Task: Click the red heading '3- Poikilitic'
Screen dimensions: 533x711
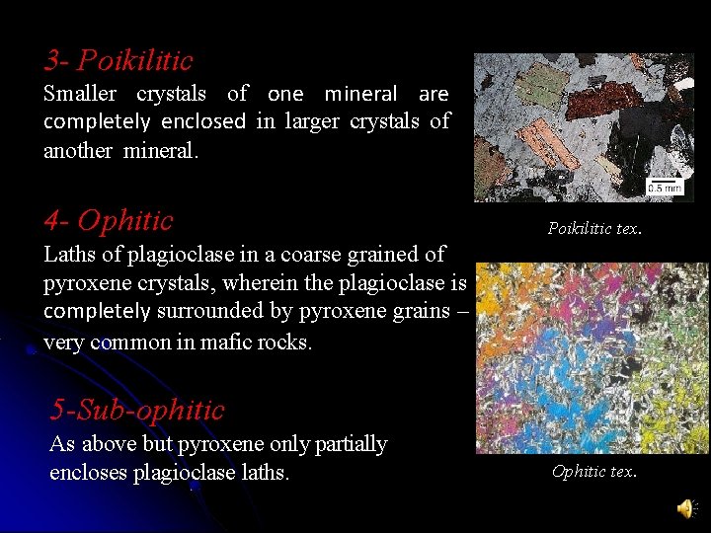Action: pos(118,61)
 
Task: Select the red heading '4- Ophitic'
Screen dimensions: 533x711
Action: pos(109,220)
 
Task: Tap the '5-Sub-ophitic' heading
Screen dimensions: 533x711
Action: pos(137,410)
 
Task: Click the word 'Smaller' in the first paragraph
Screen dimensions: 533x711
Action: pos(80,95)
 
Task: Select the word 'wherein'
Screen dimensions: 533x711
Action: pos(259,284)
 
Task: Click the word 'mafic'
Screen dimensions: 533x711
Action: pos(219,343)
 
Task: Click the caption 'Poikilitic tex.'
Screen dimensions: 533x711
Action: pos(594,229)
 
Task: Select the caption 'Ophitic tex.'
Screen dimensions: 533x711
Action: pos(594,472)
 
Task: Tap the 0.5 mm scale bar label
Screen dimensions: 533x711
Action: pos(665,187)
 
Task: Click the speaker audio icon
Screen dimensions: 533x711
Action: pos(684,508)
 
